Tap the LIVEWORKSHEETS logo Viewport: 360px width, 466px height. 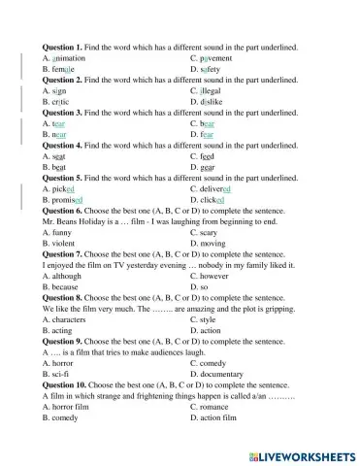[x=300, y=454]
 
